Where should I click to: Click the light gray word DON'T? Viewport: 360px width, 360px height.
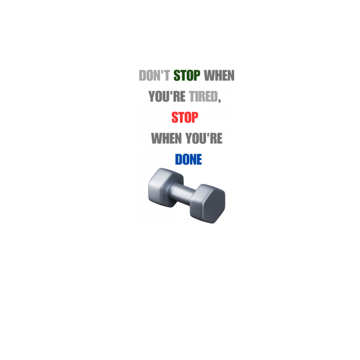154,76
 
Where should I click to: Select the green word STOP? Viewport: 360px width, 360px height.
187,76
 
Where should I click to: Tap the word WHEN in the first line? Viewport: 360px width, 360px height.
219,76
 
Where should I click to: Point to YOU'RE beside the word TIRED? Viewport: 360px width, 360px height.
167,96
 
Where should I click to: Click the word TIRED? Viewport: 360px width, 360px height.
204,96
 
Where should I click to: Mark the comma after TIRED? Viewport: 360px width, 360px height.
219,101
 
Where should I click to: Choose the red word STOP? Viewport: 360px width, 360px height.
185,117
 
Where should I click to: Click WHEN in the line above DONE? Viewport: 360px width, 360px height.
166,138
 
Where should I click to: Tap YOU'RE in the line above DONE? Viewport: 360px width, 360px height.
204,138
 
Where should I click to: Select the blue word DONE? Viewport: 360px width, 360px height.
188,159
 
